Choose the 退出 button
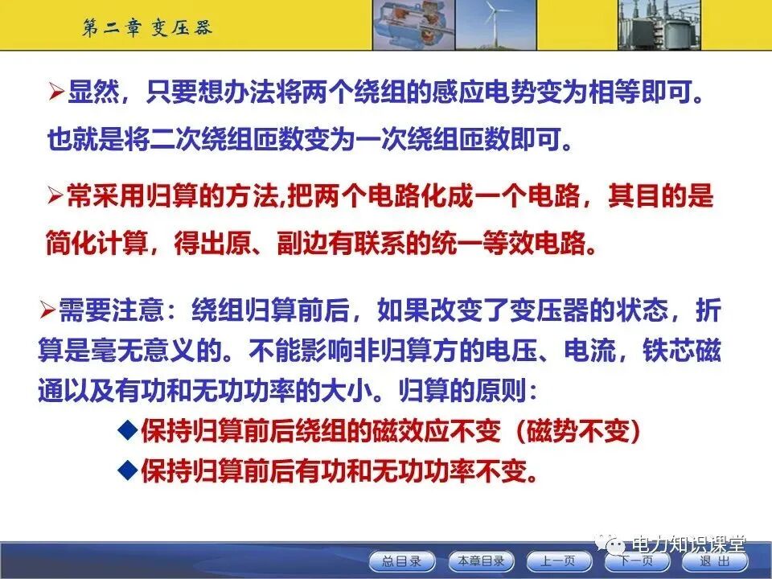click(714, 561)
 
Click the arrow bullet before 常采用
click(55, 195)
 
